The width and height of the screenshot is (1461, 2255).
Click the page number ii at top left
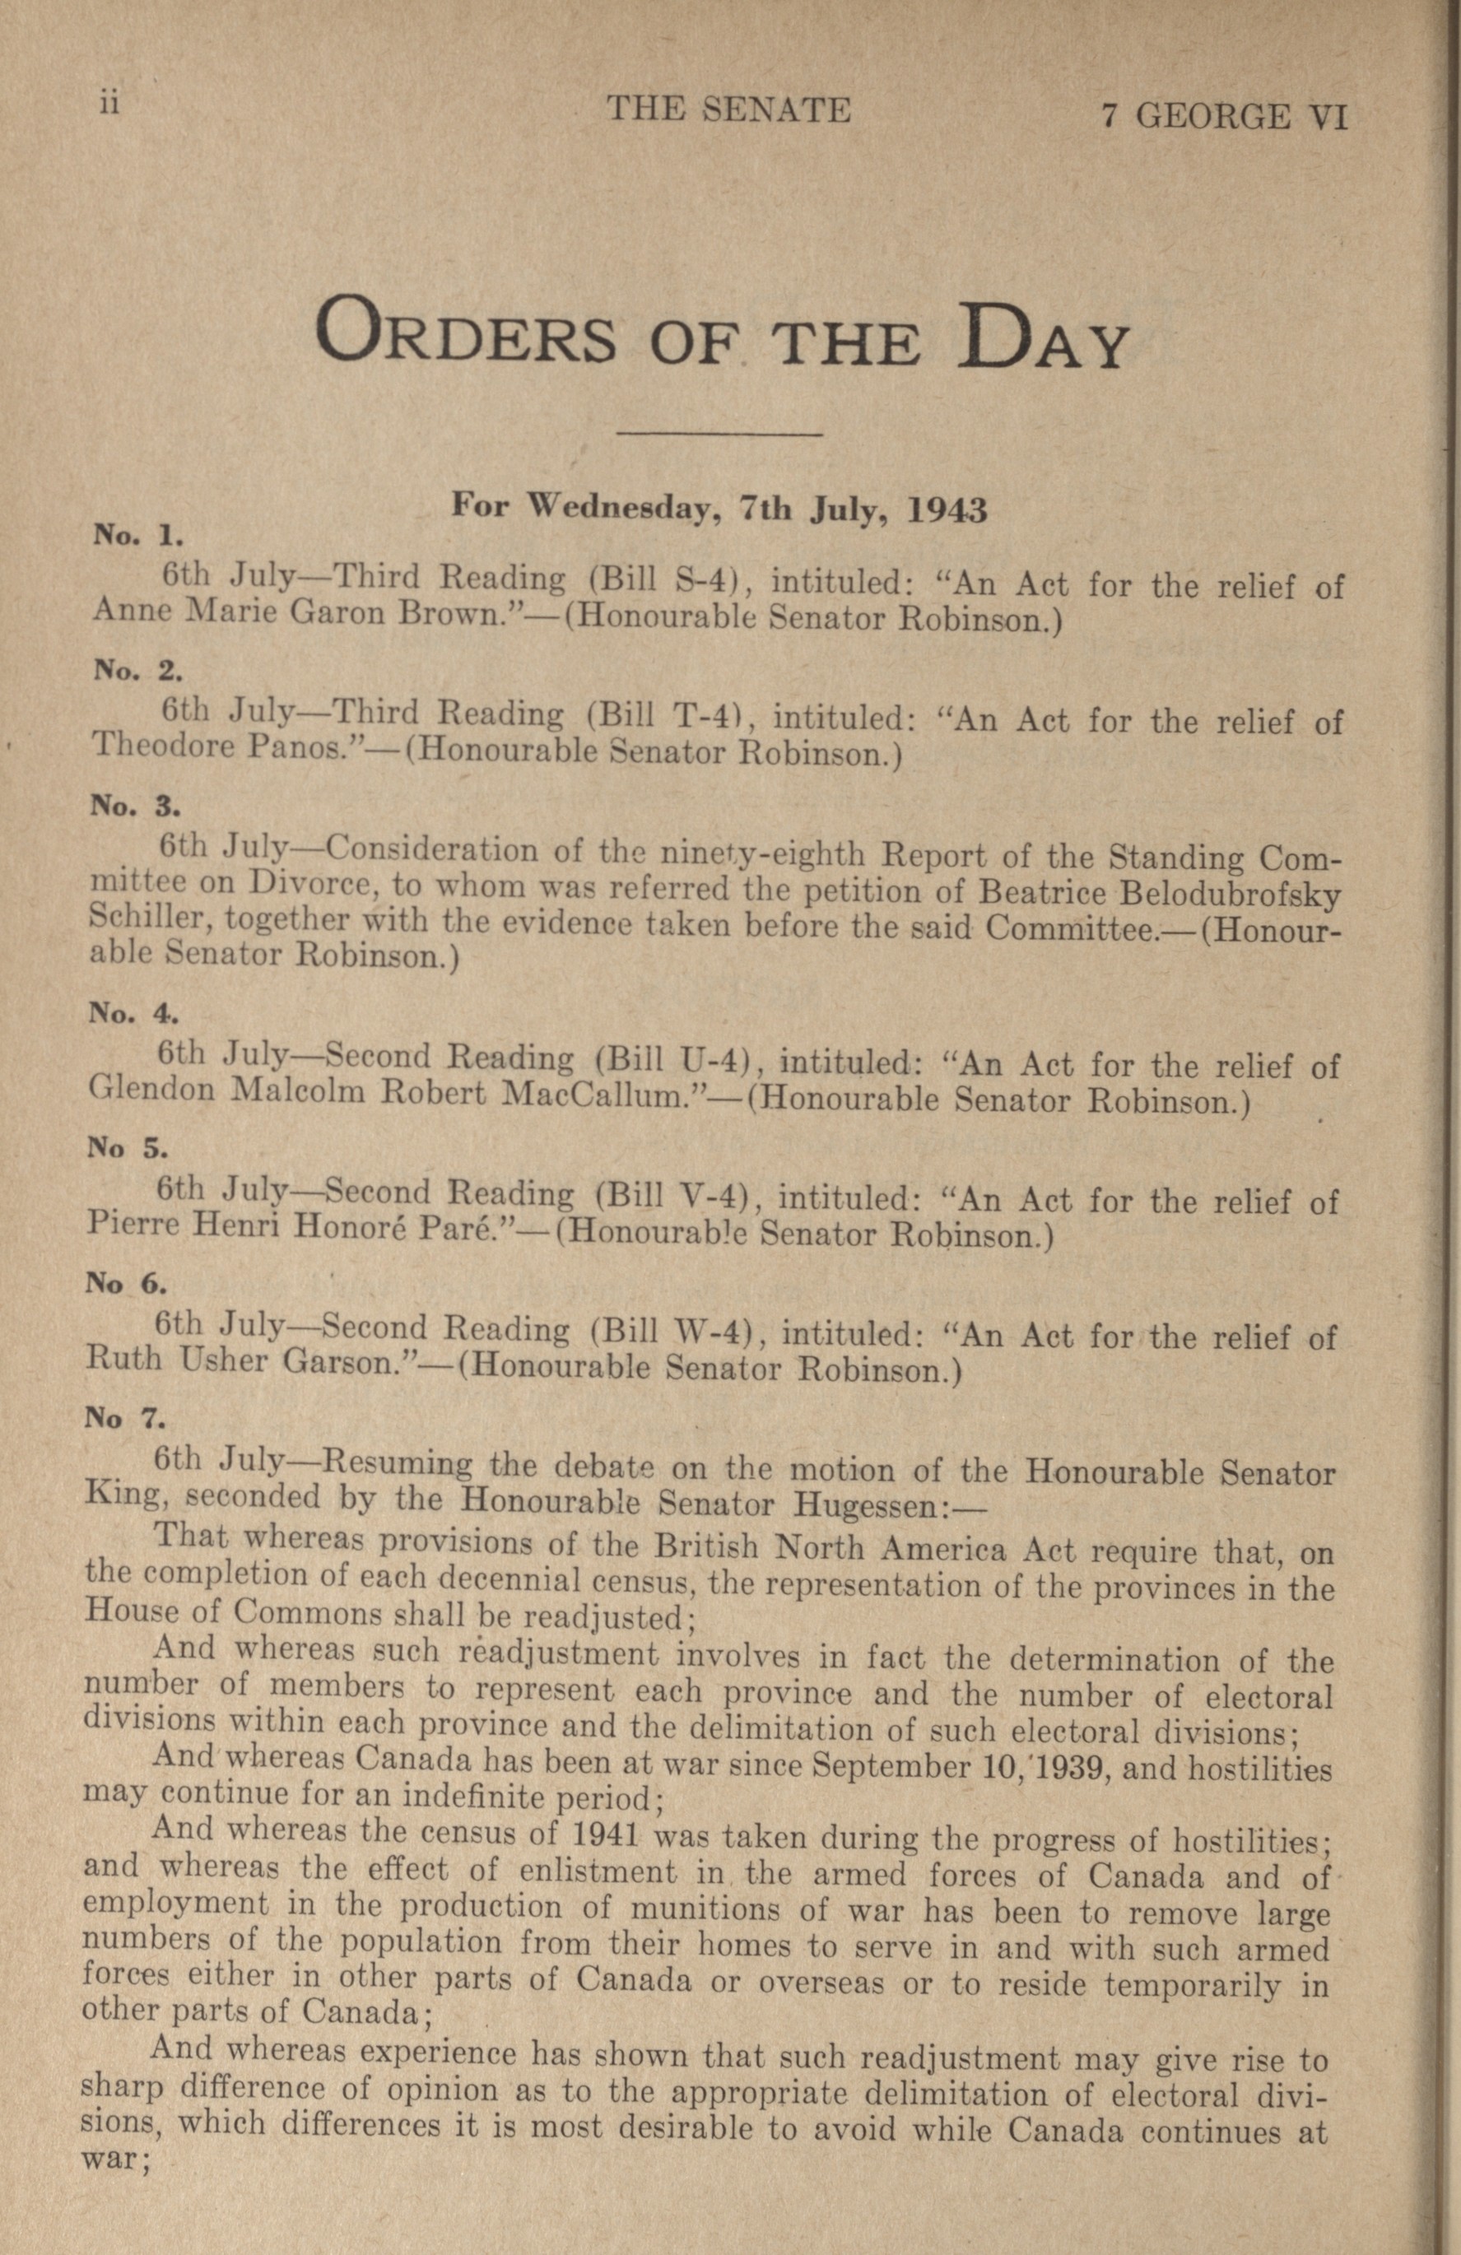click(x=110, y=103)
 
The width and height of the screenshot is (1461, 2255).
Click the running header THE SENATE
click(x=728, y=111)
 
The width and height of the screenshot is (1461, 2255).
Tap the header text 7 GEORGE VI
click(x=1222, y=118)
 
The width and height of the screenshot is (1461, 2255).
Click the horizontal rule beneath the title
click(x=719, y=435)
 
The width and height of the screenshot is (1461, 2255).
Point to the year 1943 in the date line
click(x=947, y=512)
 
